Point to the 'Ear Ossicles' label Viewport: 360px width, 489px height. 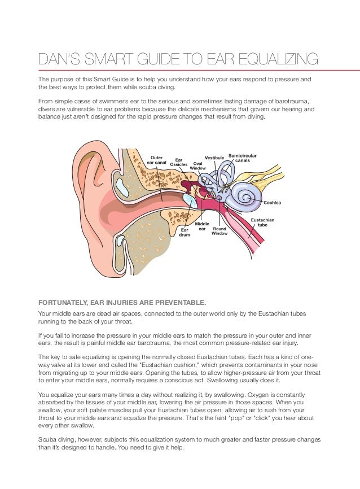179,162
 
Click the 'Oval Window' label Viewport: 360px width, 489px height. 198,165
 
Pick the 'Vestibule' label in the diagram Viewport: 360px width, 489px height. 214,157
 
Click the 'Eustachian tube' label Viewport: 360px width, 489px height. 263,222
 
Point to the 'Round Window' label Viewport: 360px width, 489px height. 219,231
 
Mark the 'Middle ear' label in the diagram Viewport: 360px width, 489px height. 202,226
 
